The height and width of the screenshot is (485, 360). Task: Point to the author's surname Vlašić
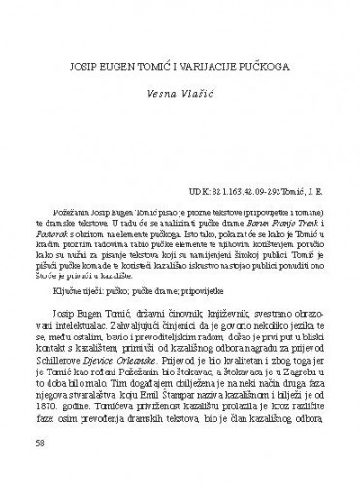(191, 98)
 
